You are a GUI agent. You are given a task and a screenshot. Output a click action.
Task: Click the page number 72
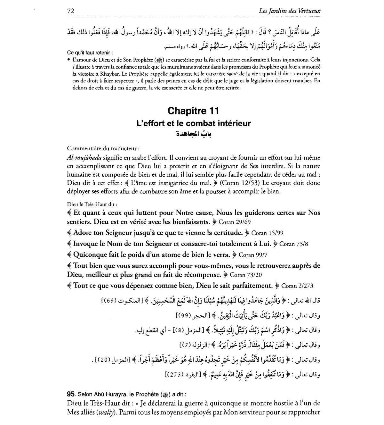click(71, 11)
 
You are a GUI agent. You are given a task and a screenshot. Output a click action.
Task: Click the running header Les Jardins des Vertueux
click(290, 11)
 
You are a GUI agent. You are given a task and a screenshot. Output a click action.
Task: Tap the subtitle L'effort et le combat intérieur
click(193, 123)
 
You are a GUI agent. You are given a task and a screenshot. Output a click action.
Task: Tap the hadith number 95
click(71, 394)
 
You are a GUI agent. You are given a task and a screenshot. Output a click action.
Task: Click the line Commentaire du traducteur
click(103, 148)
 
